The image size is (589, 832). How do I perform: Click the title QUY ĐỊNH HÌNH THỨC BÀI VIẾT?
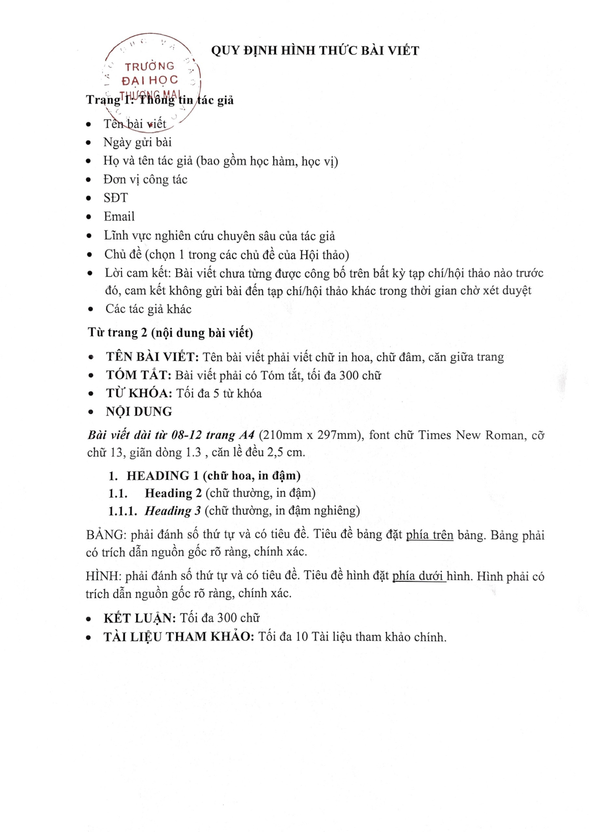click(315, 50)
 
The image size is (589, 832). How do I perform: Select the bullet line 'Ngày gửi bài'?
click(137, 142)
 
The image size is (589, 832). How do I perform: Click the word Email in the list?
click(119, 216)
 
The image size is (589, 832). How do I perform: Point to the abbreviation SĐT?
click(115, 197)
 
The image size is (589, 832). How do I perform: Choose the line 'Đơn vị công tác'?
click(145, 179)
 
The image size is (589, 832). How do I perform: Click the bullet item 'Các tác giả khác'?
click(148, 309)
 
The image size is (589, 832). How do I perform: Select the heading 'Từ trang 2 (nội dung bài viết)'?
click(170, 332)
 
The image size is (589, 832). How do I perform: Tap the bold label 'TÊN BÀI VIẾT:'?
click(152, 357)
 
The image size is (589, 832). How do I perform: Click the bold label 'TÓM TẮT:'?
click(139, 375)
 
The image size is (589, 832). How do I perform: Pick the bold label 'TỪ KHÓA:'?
click(139, 393)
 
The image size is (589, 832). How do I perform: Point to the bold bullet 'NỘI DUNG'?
click(139, 412)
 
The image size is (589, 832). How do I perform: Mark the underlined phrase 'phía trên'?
click(430, 535)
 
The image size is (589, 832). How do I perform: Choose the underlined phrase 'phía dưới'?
click(419, 576)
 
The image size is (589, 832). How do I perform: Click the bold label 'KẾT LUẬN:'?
click(139, 618)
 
